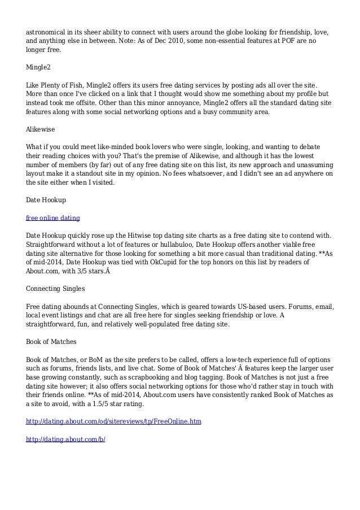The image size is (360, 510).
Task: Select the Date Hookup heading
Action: pyautogui.click(x=46, y=199)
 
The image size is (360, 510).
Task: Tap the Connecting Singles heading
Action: pyautogui.click(x=56, y=289)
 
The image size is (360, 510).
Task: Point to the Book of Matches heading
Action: pyautogui.click(x=51, y=342)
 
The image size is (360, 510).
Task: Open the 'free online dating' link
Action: pyautogui.click(x=53, y=217)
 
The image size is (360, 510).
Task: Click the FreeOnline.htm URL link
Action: pyautogui.click(x=114, y=422)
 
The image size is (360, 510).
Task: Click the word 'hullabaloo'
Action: pyautogui.click(x=170, y=245)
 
